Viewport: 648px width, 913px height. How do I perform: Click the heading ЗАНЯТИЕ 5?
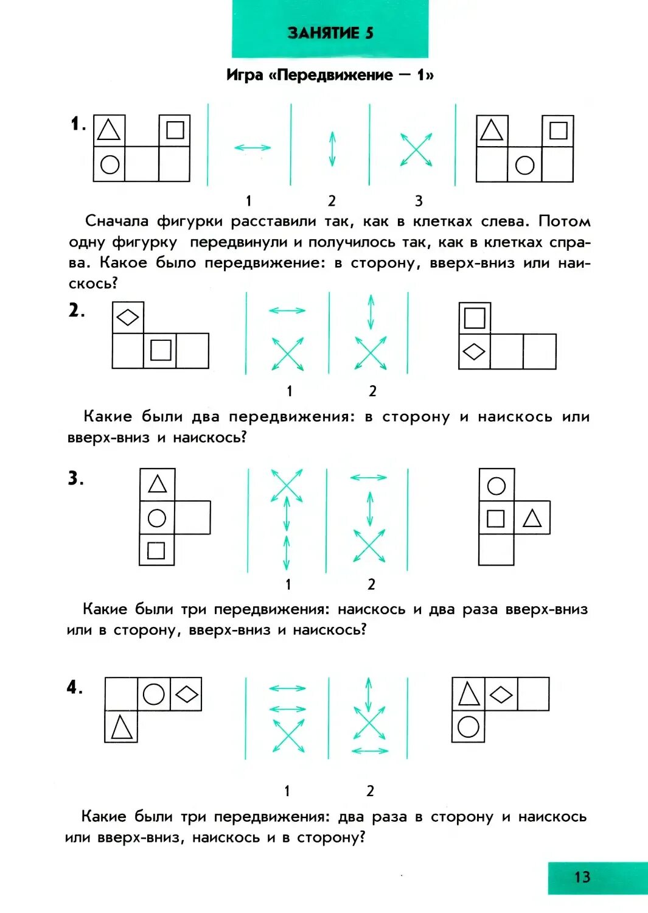(330, 33)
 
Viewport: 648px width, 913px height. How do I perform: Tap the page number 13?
(582, 877)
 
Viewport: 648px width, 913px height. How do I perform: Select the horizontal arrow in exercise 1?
(253, 147)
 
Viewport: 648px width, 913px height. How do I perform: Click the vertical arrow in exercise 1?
(332, 149)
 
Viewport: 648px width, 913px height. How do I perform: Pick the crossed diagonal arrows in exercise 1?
(416, 150)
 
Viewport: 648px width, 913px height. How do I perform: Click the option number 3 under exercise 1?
(419, 201)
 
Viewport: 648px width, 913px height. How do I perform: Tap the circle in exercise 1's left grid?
(110, 164)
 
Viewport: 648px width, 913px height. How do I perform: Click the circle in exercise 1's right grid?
(524, 165)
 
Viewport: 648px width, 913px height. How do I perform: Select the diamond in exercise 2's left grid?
(128, 317)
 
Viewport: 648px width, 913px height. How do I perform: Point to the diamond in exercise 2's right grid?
(474, 351)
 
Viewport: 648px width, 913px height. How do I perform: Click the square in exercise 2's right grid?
(475, 318)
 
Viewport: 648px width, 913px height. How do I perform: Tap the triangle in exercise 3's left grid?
(158, 484)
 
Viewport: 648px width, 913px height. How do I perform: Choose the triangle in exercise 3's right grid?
(532, 518)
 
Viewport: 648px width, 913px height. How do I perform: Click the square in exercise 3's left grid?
(156, 550)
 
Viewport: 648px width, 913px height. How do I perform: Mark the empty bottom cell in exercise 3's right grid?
(496, 550)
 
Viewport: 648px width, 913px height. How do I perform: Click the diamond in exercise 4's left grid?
(186, 694)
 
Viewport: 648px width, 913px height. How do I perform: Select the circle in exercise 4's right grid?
(469, 726)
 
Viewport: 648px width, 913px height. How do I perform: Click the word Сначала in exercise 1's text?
(116, 221)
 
